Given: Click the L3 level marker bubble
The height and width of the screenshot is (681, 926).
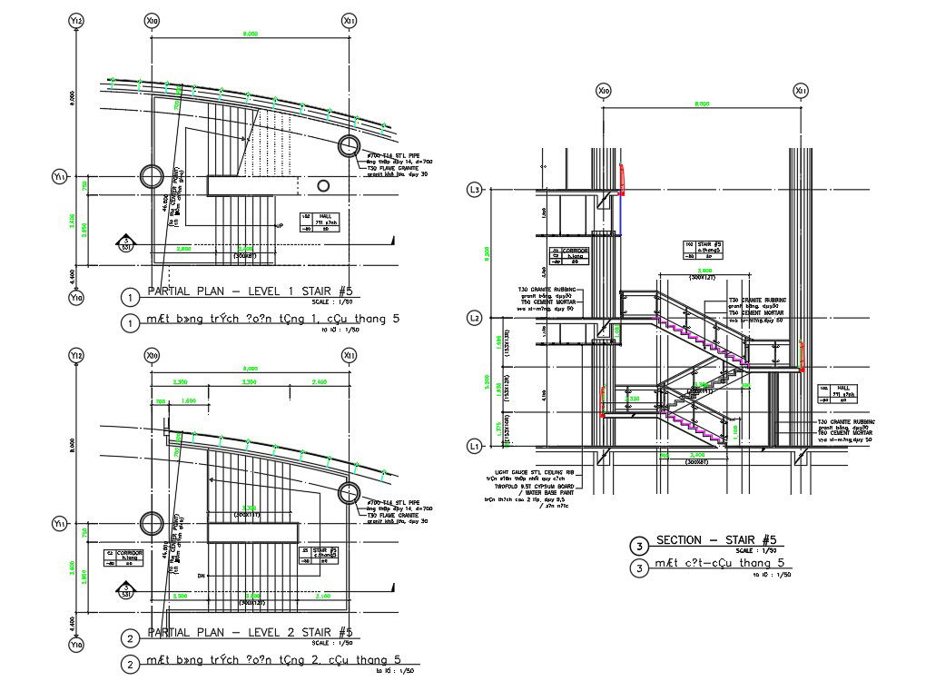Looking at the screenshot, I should point(473,191).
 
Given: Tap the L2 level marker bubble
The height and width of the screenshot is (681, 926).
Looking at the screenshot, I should point(473,319).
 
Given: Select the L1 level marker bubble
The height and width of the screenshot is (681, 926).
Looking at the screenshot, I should point(473,447).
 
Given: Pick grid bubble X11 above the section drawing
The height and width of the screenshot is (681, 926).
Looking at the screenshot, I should point(800,91).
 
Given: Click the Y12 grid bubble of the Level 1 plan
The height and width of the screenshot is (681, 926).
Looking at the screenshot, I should point(77,21).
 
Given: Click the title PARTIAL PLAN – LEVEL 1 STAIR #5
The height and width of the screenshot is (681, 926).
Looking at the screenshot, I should point(249,291).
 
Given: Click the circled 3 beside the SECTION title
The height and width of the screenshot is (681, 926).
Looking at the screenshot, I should point(640,546).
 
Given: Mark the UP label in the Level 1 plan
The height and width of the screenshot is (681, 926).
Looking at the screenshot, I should point(280,225).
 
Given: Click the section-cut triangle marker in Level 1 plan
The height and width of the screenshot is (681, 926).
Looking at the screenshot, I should point(125,243).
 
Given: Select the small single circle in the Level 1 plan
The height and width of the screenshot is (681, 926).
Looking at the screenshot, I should point(322,185).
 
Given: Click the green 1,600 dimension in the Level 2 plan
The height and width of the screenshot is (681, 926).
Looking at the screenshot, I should point(189,400).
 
